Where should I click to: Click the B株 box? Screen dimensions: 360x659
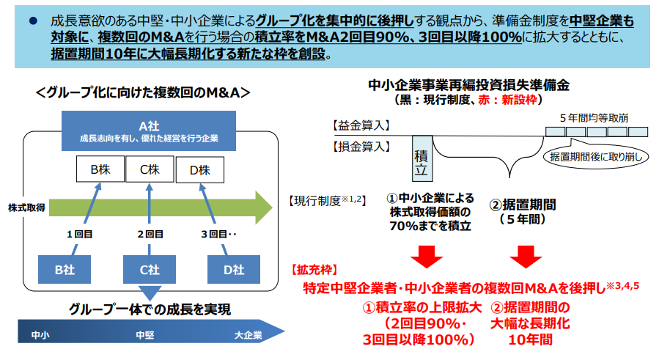(100, 170)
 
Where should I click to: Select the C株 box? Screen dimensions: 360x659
(150, 170)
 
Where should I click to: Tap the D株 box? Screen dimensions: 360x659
(199, 170)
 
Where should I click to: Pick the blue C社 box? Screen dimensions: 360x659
(150, 270)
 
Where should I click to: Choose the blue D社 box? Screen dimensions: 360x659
(234, 270)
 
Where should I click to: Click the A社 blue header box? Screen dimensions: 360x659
(149, 131)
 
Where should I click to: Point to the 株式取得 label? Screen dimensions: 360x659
(27, 207)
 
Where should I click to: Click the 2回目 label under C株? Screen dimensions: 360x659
(150, 235)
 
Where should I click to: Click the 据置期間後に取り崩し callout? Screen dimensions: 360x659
(594, 156)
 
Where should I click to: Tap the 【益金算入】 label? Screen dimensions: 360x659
(361, 126)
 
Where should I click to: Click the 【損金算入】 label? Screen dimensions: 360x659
(361, 147)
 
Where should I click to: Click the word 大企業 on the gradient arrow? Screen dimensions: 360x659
(248, 336)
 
